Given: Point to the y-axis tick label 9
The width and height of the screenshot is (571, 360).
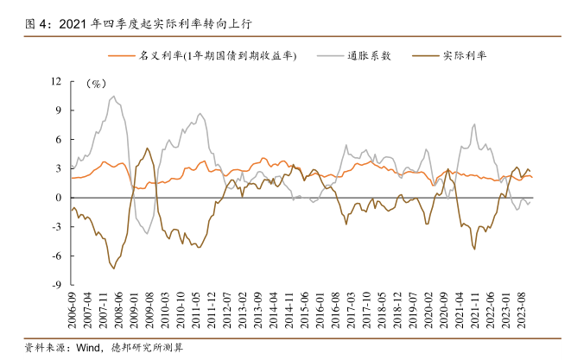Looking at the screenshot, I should click(59, 111).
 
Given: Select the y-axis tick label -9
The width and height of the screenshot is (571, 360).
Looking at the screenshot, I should click(56, 285).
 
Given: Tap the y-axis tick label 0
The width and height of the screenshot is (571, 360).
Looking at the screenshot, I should click(59, 198).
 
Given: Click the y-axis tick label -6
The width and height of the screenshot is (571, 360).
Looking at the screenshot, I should click(56, 256).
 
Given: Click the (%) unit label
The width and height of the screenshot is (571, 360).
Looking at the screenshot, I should click(96, 84).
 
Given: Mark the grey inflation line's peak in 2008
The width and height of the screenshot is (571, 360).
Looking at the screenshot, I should click(114, 97).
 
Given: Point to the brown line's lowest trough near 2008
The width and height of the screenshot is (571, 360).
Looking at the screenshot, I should click(113, 267).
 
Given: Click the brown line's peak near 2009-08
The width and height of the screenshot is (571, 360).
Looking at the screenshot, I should click(148, 148).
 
